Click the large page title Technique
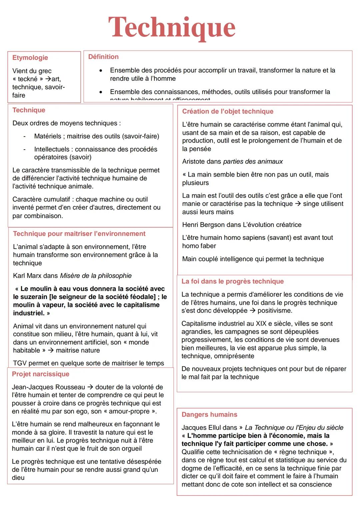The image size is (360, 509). click(172, 28)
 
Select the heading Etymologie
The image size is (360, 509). click(30, 58)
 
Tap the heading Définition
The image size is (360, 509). click(103, 57)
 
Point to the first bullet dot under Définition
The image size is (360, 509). click(101, 70)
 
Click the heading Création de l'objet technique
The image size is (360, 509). click(228, 111)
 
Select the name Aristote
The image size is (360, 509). click(194, 162)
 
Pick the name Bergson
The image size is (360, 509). click(214, 225)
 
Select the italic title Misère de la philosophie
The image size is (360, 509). click(96, 276)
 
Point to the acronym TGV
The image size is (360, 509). click(20, 363)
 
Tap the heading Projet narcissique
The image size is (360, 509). click(41, 374)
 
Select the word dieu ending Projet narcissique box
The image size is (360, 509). click(18, 478)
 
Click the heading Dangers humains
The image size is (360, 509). click(209, 415)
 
